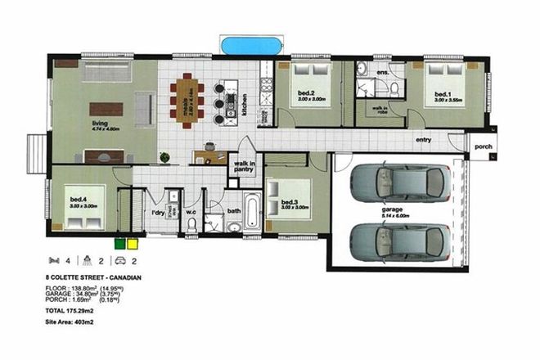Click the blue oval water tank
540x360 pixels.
[252, 42]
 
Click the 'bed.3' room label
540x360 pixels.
[290, 201]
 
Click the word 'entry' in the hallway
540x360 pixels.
[423, 140]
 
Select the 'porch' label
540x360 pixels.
[483, 147]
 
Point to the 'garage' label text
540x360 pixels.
[391, 209]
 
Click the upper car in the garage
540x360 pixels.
[398, 183]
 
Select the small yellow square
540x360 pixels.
[132, 242]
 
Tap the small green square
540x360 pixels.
[119, 242]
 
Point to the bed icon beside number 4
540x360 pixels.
[53, 262]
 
